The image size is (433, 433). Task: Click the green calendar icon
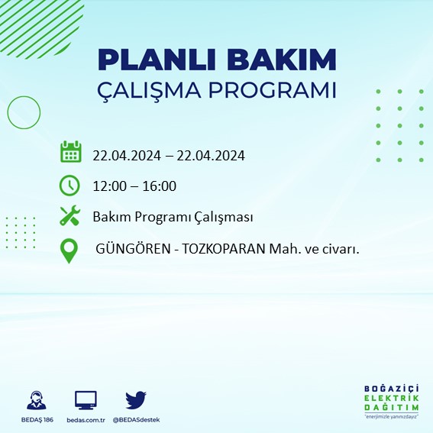pyautogui.click(x=70, y=152)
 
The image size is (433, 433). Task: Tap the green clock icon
pyautogui.click(x=69, y=185)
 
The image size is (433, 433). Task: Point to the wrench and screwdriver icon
pyautogui.click(x=69, y=216)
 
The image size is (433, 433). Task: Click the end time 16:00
pyautogui.click(x=160, y=186)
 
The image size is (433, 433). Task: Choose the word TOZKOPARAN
pyautogui.click(x=218, y=249)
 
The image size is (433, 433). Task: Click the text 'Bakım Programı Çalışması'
pyautogui.click(x=173, y=218)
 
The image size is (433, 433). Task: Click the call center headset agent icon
pyautogui.click(x=35, y=400)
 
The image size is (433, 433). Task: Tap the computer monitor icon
pyautogui.click(x=86, y=400)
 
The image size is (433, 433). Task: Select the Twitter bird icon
pyautogui.click(x=136, y=399)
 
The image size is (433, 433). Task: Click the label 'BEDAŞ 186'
pyautogui.click(x=35, y=420)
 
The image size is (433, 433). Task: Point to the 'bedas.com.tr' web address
pyautogui.click(x=86, y=420)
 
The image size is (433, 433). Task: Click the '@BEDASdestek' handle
pyautogui.click(x=137, y=420)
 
